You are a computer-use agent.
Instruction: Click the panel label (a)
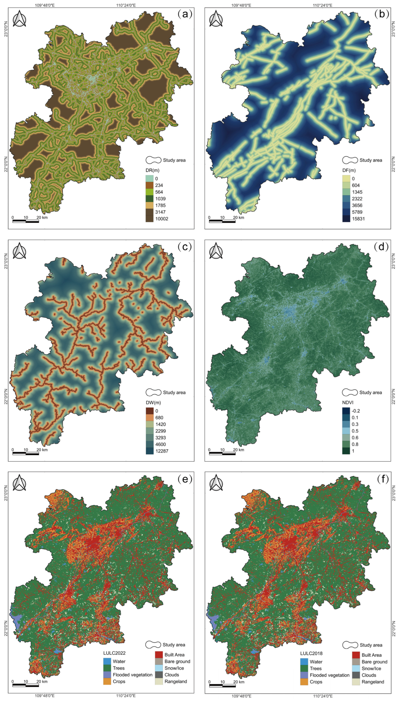tap(185, 14)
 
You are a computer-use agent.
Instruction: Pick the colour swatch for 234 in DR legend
tap(149, 185)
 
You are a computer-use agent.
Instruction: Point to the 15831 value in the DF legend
tap(358, 219)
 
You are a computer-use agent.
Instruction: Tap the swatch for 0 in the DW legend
tap(149, 411)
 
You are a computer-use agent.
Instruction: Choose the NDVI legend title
tap(348, 403)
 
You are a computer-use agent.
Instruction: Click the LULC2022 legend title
tap(114, 653)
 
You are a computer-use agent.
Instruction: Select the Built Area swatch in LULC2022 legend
tap(159, 655)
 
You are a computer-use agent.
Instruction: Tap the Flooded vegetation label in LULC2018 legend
tap(329, 675)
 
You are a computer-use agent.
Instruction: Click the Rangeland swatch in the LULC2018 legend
tap(356, 682)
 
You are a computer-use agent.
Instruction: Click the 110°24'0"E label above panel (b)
tap(323, 5)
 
